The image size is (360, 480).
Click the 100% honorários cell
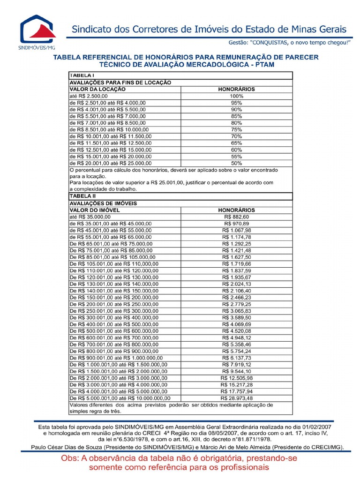pyautogui.click(x=236, y=96)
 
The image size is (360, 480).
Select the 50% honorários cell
pyautogui.click(x=236, y=163)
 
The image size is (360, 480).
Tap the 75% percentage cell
pyautogui.click(x=236, y=129)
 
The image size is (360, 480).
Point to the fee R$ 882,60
pyautogui.click(x=237, y=217)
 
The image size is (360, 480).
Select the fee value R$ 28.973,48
pyautogui.click(x=236, y=398)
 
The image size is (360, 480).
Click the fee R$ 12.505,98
pyautogui.click(x=236, y=378)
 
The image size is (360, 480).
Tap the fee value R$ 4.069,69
pyautogui.click(x=237, y=324)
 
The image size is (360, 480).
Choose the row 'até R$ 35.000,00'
pyautogui.click(x=90, y=217)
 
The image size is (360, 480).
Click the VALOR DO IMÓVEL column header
pyautogui.click(x=95, y=210)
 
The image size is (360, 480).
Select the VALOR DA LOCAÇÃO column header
pyautogui.click(x=98, y=89)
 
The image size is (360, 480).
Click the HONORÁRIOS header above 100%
pyautogui.click(x=236, y=89)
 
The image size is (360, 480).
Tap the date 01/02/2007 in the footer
pyautogui.click(x=314, y=427)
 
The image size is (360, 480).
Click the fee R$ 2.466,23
pyautogui.click(x=237, y=298)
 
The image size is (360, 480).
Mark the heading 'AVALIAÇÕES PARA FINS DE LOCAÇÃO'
pyautogui.click(x=120, y=82)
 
